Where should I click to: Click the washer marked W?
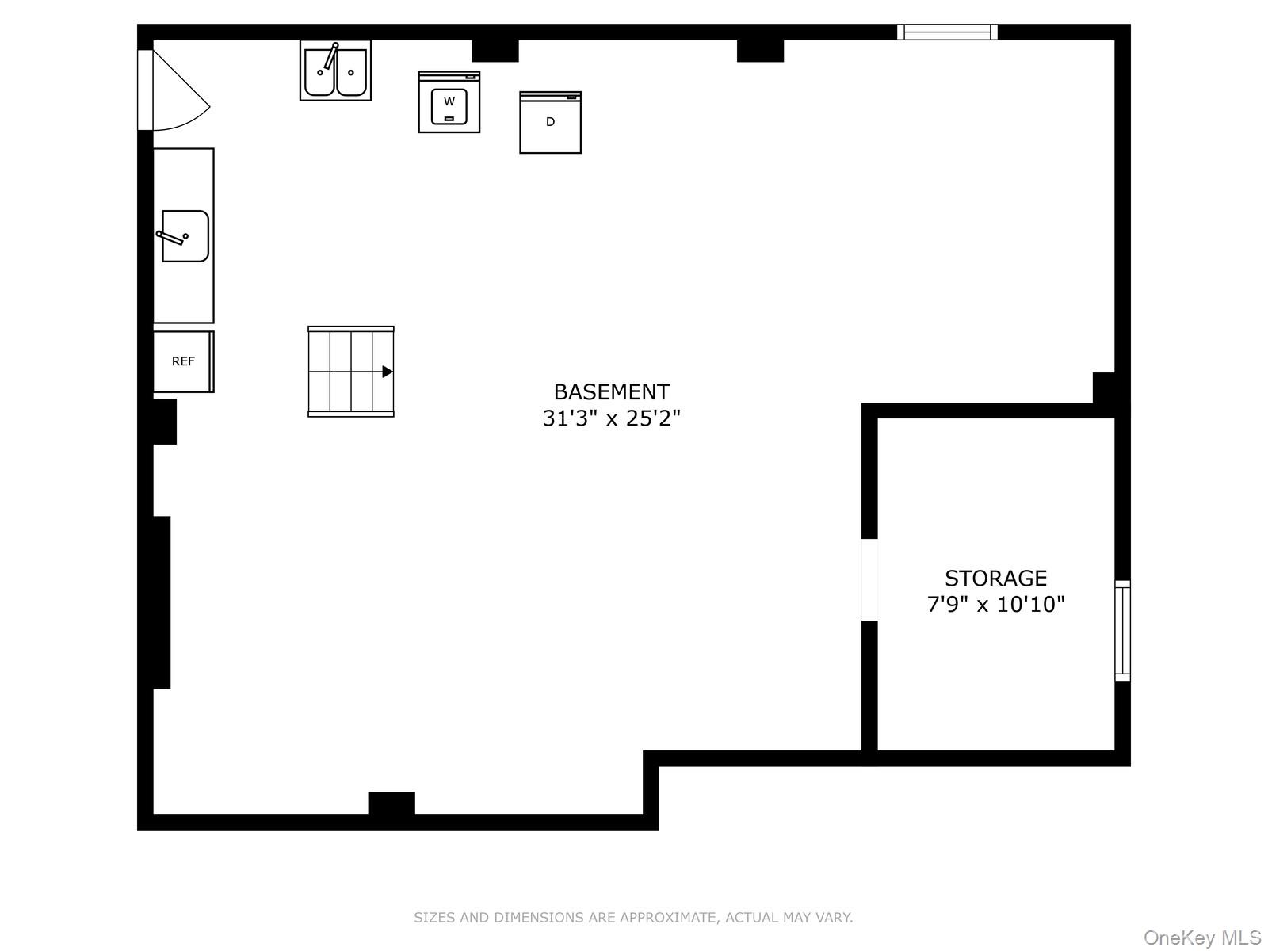[449, 102]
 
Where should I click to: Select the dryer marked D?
[550, 123]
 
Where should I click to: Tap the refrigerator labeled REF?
[183, 361]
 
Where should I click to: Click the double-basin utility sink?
[335, 71]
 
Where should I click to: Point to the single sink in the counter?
[185, 235]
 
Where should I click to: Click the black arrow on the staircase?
[387, 372]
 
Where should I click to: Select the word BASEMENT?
[611, 392]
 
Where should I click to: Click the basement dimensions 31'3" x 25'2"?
[611, 418]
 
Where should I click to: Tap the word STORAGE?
[995, 578]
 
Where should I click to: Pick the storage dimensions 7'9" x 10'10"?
[995, 605]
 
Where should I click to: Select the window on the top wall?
[947, 32]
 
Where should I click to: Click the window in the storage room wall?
[1122, 630]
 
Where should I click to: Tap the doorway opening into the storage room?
[869, 579]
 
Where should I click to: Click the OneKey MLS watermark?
[1201, 938]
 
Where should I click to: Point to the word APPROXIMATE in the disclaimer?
[666, 918]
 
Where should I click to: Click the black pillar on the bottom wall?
[391, 804]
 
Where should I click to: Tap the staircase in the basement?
[350, 372]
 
